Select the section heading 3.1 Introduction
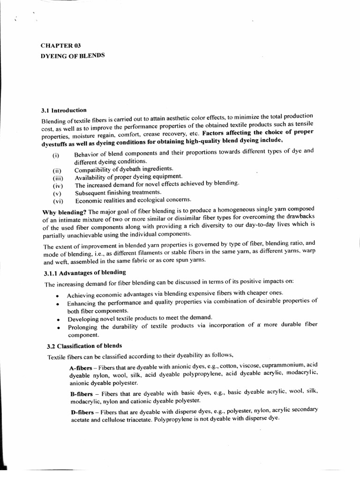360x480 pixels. click(63, 110)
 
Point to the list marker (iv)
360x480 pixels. click(57, 186)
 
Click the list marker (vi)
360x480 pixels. click(57, 201)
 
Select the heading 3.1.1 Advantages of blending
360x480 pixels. click(85, 272)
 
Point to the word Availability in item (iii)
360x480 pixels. click(92, 176)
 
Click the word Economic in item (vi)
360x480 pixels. click(89, 201)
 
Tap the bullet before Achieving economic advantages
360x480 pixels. click(56, 296)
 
